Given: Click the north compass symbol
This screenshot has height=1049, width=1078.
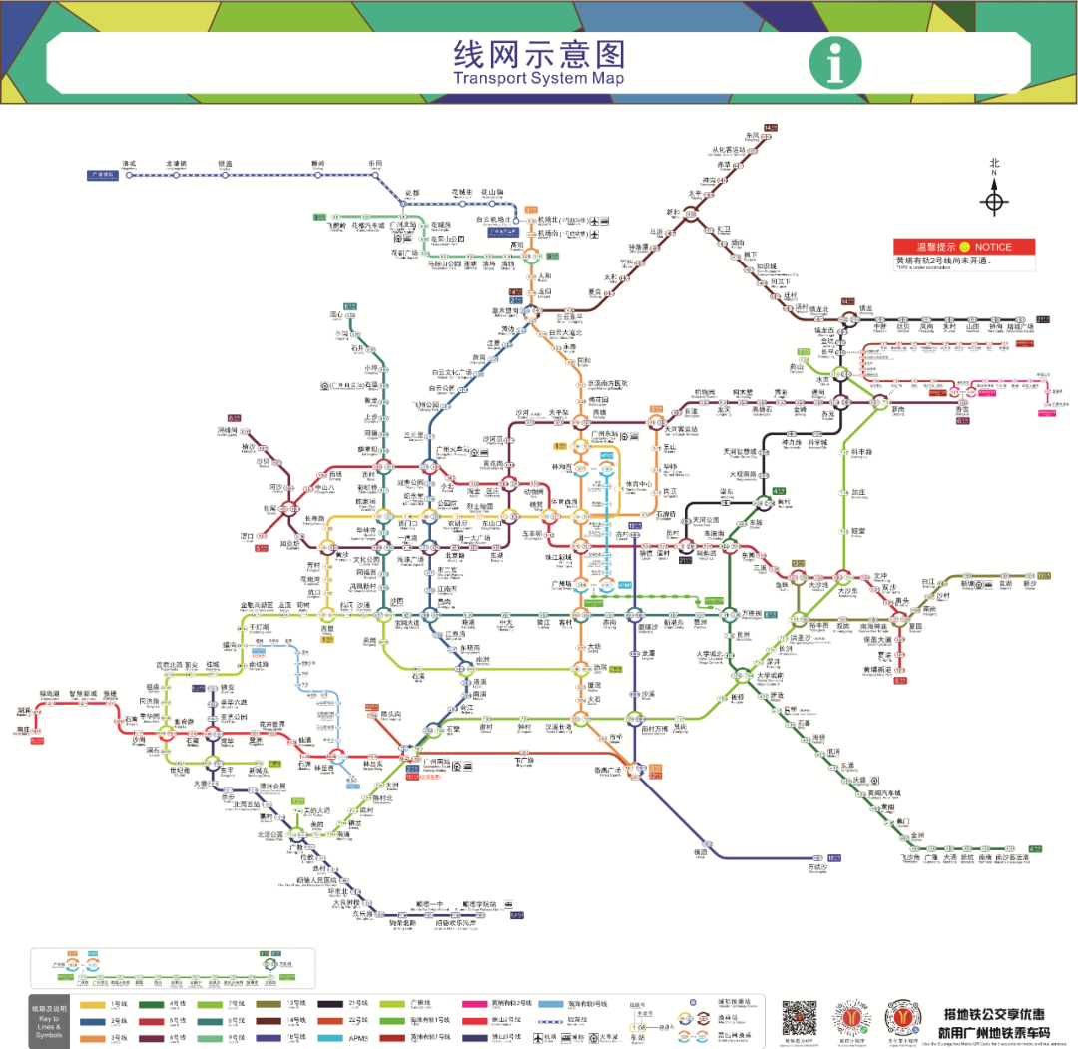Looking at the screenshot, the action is pyautogui.click(x=994, y=201).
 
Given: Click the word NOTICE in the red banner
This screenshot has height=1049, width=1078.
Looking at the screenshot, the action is pyautogui.click(x=993, y=247).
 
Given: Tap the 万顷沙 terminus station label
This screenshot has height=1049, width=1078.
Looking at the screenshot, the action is pyautogui.click(x=817, y=867).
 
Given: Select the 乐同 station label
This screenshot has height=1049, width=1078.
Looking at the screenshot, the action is pyautogui.click(x=375, y=163).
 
